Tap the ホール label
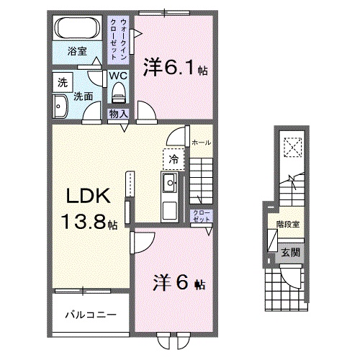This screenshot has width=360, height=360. [201, 143]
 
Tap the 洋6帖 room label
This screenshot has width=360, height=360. [176, 282]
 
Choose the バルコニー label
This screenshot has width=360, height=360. [87, 315]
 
